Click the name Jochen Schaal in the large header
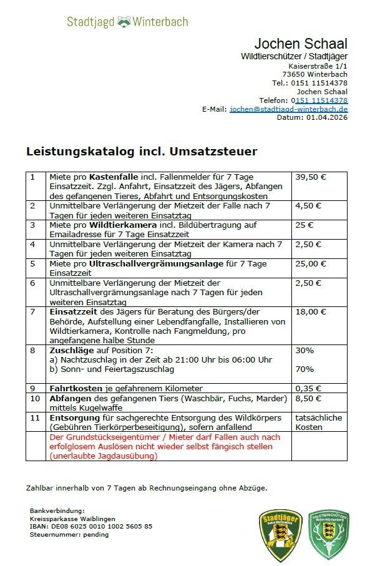pyautogui.click(x=301, y=44)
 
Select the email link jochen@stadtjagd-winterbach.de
pyautogui.click(x=288, y=109)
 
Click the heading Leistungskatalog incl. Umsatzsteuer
pyautogui.click(x=142, y=152)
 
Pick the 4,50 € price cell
pyautogui.click(x=308, y=205)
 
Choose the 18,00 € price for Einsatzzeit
pyautogui.click(x=310, y=311)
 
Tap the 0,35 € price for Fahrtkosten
pyautogui.click(x=308, y=388)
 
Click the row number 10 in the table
pyautogui.click(x=35, y=398)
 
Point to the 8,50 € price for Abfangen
pyautogui.click(x=308, y=398)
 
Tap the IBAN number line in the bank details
pyautogui.click(x=90, y=526)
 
